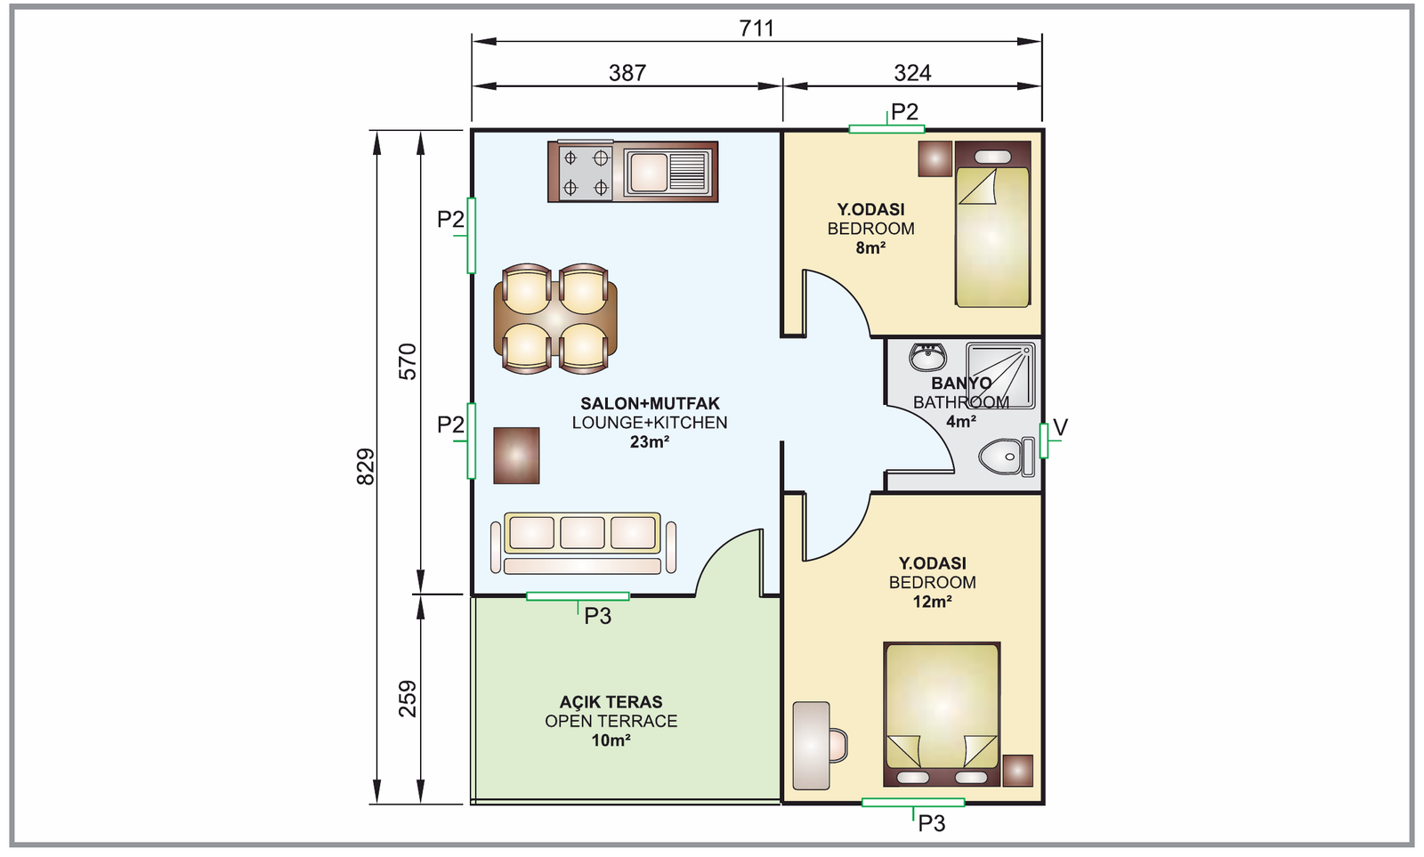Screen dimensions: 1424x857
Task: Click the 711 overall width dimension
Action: tap(756, 28)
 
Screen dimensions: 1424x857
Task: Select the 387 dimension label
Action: tap(627, 73)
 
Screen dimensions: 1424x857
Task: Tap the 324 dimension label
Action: tap(912, 73)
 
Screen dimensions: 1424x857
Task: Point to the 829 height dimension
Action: tap(366, 466)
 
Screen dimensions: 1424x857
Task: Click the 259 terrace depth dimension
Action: tap(408, 699)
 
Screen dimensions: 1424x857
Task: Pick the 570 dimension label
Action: tap(408, 361)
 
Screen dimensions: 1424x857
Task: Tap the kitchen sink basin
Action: tap(648, 172)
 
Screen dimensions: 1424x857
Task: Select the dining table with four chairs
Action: tap(555, 319)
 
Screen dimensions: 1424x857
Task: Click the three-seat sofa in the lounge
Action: tap(583, 544)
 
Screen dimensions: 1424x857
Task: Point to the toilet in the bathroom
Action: tap(1007, 457)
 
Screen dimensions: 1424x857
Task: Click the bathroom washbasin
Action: tap(927, 357)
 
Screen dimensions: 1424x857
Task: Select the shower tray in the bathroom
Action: tap(1000, 376)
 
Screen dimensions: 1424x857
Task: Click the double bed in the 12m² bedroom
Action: tap(942, 714)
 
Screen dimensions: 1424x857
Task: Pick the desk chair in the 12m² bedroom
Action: tap(838, 745)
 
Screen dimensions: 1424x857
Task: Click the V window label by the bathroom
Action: tap(1060, 427)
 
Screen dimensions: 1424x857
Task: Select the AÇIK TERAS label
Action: tap(611, 702)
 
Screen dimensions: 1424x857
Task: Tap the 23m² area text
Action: tap(649, 442)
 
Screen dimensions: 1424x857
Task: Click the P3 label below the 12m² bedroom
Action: tap(931, 824)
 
